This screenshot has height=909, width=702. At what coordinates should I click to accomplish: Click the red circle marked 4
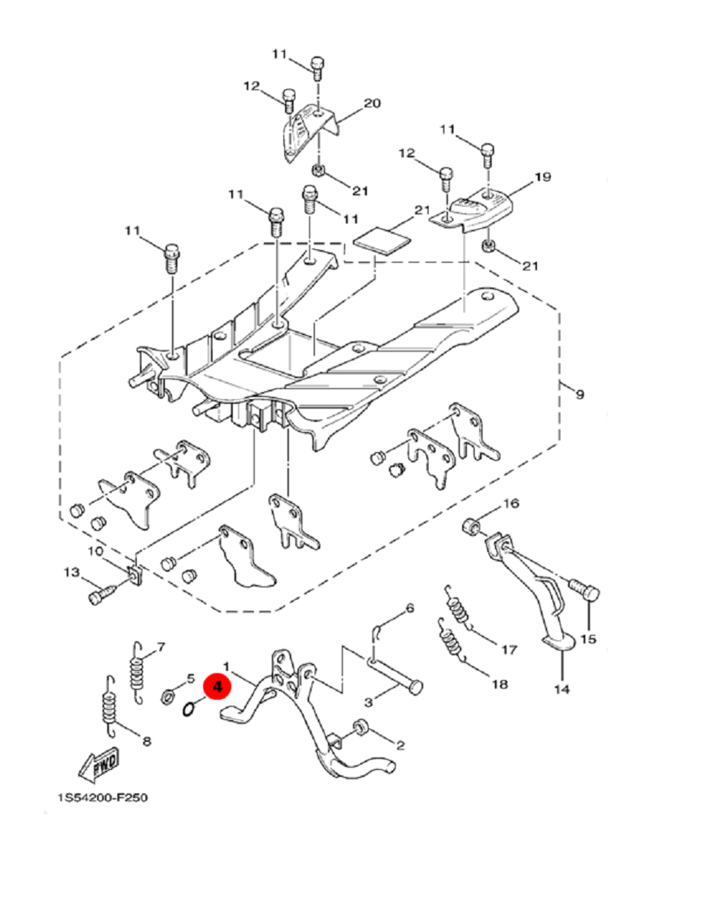(218, 686)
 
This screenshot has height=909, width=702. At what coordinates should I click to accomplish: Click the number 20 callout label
(372, 103)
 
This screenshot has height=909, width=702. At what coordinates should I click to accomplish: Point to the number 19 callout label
(543, 177)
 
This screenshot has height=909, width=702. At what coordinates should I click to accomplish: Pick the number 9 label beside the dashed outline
(579, 394)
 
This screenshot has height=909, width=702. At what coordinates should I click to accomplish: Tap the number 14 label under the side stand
(562, 688)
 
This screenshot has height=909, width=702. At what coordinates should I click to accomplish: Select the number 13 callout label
(72, 572)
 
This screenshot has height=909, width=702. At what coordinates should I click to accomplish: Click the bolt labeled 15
(585, 590)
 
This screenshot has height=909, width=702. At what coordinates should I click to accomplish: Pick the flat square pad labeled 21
(383, 240)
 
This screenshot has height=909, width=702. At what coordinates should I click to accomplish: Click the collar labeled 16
(470, 526)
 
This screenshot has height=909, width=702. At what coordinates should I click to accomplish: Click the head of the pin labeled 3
(416, 687)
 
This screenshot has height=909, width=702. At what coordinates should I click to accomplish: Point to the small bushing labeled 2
(359, 726)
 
